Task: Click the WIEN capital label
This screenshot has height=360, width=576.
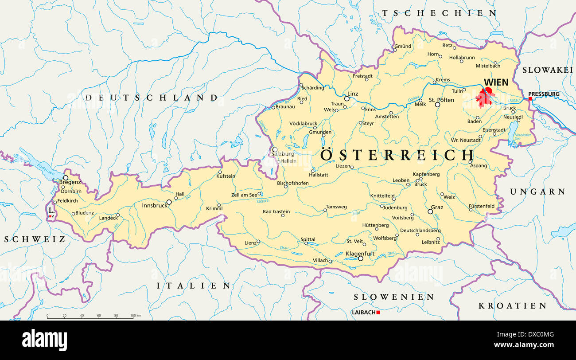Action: [496, 82]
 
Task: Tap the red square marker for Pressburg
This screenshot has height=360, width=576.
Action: [530, 98]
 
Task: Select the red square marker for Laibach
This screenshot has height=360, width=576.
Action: [378, 313]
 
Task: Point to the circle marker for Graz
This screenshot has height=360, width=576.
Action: [430, 212]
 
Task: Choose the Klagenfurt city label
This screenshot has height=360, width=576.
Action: [360, 254]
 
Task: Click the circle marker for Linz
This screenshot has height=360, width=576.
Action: [346, 99]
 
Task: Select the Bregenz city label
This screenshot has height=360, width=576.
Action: [70, 182]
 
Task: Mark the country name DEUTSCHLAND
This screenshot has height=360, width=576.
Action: [152, 98]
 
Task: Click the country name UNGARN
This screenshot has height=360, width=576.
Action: [537, 192]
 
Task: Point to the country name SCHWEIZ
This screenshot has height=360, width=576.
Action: [35, 239]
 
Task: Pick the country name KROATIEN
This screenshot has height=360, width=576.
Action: [512, 306]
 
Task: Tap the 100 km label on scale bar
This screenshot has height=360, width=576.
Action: [136, 316]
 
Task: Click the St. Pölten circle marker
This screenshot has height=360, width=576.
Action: [437, 105]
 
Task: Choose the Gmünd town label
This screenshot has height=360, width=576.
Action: [403, 46]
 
